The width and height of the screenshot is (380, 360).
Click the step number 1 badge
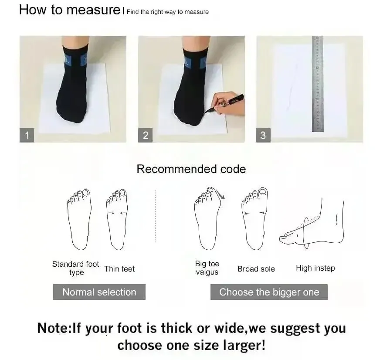[27, 135]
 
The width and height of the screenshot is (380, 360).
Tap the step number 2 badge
[145, 135]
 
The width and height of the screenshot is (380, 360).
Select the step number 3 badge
[263, 135]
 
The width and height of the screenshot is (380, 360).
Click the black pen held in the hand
[224, 103]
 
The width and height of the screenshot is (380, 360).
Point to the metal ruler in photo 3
[318, 84]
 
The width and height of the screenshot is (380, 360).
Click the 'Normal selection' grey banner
[99, 292]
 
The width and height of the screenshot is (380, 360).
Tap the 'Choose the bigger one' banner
[269, 292]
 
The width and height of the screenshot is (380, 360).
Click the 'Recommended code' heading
[191, 169]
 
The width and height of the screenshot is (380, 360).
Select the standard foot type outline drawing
[79, 219]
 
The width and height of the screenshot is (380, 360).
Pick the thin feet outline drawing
[117, 219]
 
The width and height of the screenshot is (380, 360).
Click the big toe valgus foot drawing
[208, 218]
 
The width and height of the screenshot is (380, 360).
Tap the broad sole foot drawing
[254, 218]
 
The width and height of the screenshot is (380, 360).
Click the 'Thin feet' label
[119, 269]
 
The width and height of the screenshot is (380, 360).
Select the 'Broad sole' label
[256, 269]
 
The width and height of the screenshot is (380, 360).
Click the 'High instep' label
[316, 268]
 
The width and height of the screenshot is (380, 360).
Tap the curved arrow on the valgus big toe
[220, 194]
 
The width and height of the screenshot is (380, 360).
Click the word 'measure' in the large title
[93, 10]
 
